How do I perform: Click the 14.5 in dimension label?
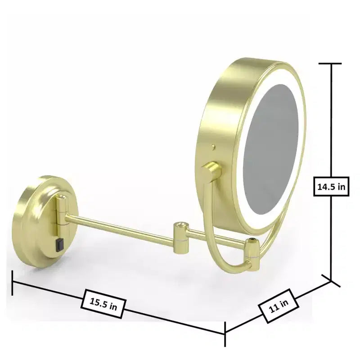coord(331,187)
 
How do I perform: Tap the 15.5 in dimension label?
coord(103,304)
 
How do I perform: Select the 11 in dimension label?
coord(279,306)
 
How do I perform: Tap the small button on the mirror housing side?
coord(214,147)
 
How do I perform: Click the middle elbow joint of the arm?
coord(181,238)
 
